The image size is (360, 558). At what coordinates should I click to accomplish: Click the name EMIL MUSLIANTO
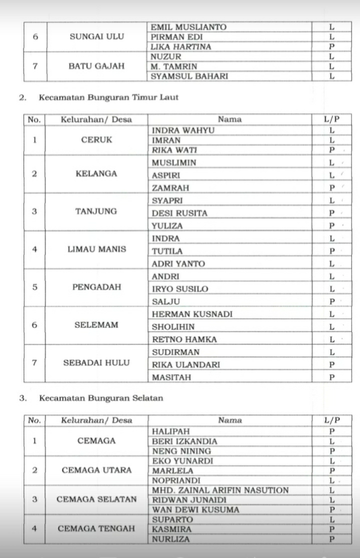pos(188,27)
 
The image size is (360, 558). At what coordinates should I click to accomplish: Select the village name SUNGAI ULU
pos(97,37)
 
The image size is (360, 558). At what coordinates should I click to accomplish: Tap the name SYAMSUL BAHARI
pos(189,76)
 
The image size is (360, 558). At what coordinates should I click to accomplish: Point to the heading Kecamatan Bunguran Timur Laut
pos(108,98)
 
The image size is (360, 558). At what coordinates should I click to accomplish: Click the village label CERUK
pos(97,140)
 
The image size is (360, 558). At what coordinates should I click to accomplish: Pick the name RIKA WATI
pos(174,150)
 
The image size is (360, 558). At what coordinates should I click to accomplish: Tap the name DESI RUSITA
pos(179,213)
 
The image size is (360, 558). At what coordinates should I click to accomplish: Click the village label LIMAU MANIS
pos(97,249)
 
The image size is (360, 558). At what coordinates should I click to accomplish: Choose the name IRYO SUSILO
pos(180,289)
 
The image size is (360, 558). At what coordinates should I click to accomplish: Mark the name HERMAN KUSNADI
pos(192,314)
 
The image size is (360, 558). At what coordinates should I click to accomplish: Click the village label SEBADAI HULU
pos(96,363)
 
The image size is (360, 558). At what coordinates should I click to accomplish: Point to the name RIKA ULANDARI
pos(185,365)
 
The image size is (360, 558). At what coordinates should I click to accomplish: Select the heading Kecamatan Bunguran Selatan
pos(100,398)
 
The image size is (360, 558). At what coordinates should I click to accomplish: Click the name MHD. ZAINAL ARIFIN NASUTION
pos(220,490)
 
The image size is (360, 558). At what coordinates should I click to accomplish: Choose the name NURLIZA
pos(171,538)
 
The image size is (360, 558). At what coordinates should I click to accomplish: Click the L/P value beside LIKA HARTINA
pos(331,47)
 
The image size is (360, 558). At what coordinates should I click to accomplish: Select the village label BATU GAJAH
pos(97,66)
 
